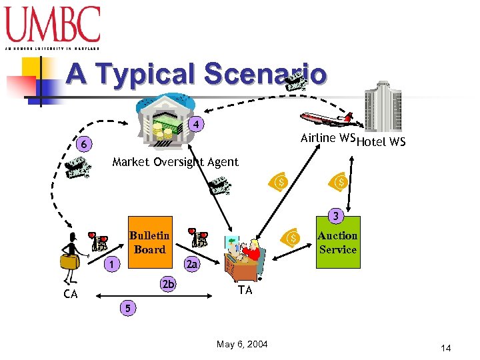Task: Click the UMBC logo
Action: (53, 27)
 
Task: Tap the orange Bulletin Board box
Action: (149, 242)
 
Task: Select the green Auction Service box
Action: (337, 242)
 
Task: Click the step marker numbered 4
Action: (196, 124)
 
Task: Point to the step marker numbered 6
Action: (84, 143)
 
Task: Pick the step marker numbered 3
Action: (337, 216)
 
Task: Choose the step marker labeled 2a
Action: (192, 265)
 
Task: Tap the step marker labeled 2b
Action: (169, 285)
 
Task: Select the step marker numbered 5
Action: (127, 307)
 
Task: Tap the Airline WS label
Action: (327, 138)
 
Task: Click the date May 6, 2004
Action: (242, 344)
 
